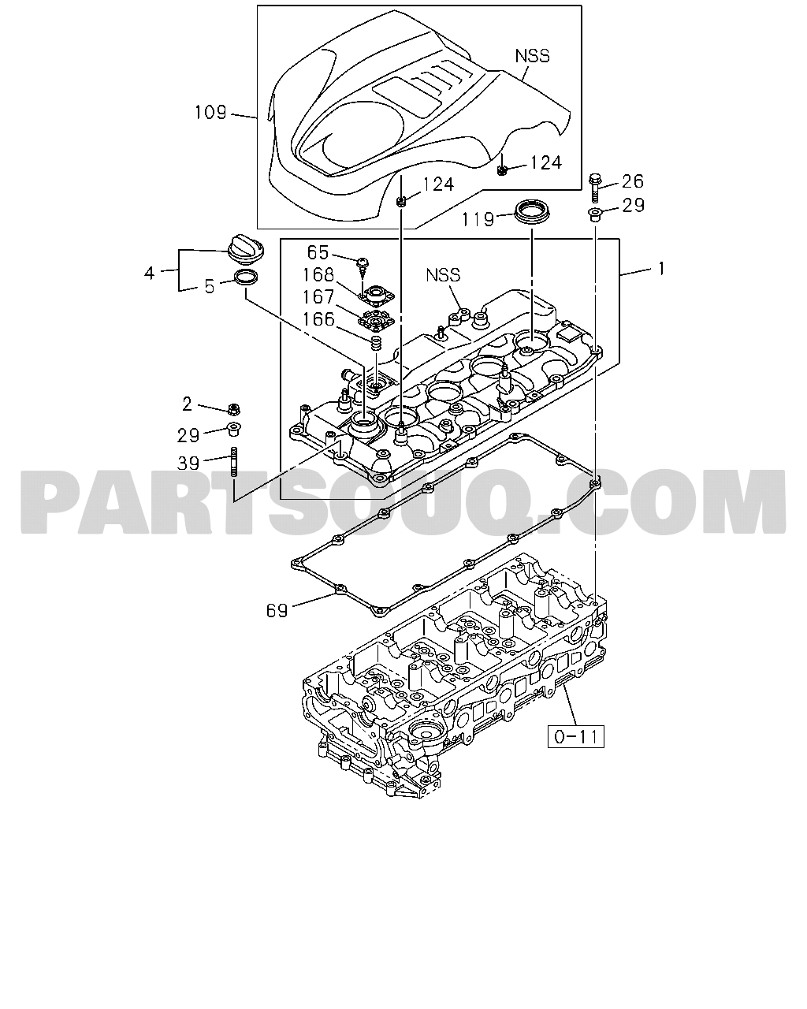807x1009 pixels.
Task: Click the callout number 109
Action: point(210,113)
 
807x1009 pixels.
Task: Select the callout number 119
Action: point(478,219)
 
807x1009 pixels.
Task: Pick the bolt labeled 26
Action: point(595,187)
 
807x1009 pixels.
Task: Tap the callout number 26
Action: point(633,181)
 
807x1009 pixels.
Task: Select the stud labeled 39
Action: point(234,462)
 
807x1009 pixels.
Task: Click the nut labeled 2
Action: point(232,409)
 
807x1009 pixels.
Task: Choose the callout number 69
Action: point(277,610)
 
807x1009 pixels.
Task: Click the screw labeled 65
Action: point(363,266)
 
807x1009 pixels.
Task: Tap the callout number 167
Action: point(318,297)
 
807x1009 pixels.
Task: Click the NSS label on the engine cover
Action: point(532,56)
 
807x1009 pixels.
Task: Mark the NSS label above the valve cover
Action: point(443,275)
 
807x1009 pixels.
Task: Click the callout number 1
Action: point(661,269)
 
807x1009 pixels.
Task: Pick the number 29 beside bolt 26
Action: point(634,206)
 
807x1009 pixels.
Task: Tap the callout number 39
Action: point(188,464)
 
